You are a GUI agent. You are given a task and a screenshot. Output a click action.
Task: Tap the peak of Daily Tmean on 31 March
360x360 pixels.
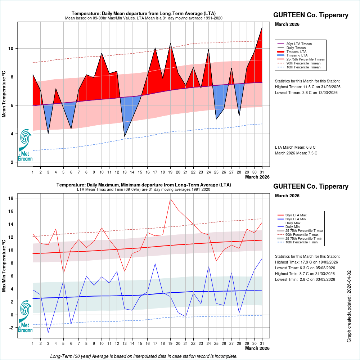(262, 27)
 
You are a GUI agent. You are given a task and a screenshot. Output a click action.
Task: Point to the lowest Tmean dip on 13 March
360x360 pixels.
(125, 136)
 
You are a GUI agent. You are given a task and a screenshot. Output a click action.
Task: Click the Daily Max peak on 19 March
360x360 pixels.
(170, 199)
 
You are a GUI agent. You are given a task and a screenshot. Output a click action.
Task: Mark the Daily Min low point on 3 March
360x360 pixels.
(48, 332)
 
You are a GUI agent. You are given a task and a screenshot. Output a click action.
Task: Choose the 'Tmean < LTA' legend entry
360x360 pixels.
(297, 55)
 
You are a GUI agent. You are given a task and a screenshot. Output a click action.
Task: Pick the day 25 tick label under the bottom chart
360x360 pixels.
(216, 344)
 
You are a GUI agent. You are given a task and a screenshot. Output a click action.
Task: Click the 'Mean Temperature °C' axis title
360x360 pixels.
(4, 94)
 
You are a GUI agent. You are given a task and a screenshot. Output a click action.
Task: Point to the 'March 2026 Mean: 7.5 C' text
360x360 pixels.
(296, 153)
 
